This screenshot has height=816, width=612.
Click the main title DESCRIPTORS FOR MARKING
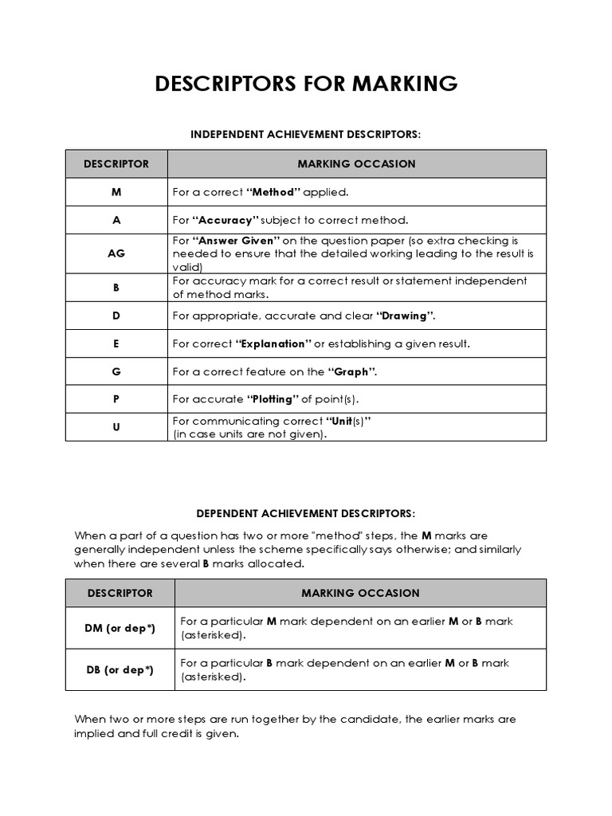pos(305,84)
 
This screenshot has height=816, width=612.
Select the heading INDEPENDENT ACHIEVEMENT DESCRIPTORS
pos(305,135)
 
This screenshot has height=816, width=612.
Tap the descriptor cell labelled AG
pos(116,253)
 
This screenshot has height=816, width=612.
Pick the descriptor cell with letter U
pos(116,427)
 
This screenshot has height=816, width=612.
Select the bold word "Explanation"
pos(274,343)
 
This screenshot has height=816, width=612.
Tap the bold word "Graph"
pos(351,371)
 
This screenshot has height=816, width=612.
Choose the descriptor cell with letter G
pos(116,371)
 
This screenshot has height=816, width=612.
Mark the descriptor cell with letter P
pos(116,399)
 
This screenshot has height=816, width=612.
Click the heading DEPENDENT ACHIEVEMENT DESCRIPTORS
pos(305,513)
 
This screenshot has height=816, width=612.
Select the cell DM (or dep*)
pos(120,628)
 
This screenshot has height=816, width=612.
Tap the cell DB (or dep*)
pos(120,670)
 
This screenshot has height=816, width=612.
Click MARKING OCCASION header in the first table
pos(356,163)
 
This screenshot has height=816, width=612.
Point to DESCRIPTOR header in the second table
pos(120,593)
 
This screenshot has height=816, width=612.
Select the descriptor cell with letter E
pos(116,343)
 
